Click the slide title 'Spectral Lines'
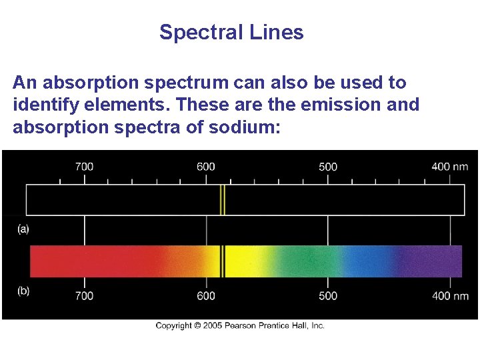[231, 32]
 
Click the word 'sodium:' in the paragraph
[249, 126]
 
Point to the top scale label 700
[84, 166]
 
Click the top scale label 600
[206, 166]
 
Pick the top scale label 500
[328, 166]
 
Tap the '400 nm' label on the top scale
[449, 166]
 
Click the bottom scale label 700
[84, 295]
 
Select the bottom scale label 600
[206, 295]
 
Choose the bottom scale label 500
[328, 295]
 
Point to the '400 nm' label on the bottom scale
[449, 295]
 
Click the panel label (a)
[23, 229]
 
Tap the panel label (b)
[23, 291]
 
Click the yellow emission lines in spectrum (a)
[223, 200]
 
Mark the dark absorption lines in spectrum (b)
[223, 261]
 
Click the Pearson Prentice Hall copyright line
[240, 325]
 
